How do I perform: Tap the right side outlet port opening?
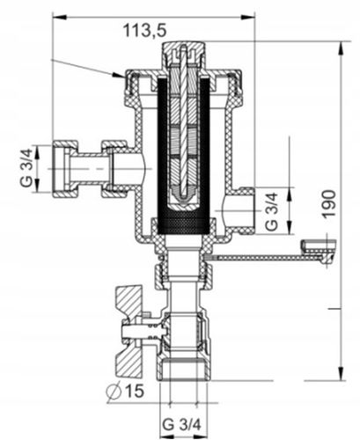click(x=242, y=209)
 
